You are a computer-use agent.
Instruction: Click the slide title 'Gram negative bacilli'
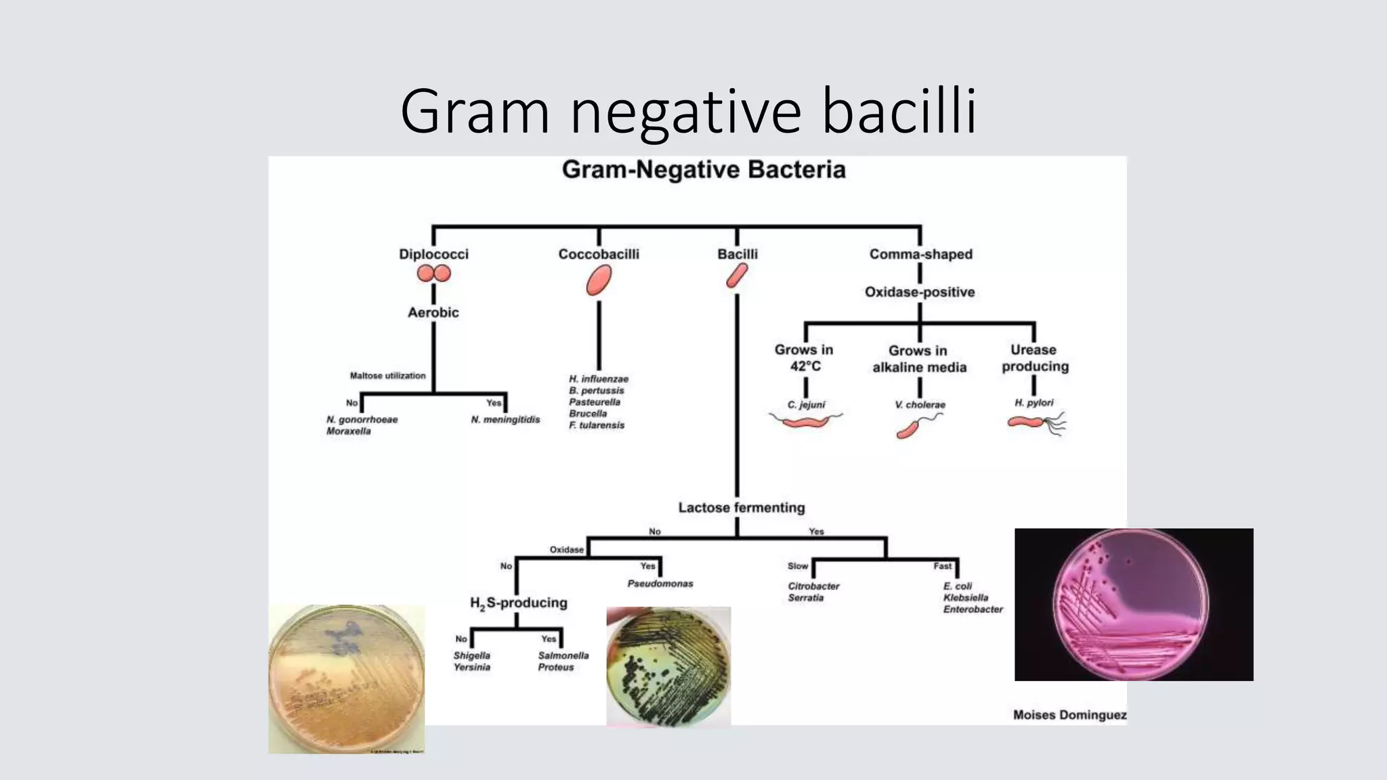[x=688, y=111]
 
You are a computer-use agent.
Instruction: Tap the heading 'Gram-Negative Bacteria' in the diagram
[x=704, y=169]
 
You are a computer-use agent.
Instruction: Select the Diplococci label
[x=433, y=254]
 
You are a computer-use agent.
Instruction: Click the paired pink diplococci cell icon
[x=433, y=274]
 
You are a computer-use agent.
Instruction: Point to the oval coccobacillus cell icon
[x=599, y=280]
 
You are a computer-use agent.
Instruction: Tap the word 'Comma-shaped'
[x=920, y=254]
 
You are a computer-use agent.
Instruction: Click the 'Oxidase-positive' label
[x=920, y=292]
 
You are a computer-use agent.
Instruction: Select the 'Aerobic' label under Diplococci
[x=433, y=312]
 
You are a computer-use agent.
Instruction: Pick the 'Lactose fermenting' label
[x=742, y=507]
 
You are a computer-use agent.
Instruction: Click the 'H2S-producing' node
[x=519, y=603]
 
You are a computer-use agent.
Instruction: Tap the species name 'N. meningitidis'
[x=505, y=420]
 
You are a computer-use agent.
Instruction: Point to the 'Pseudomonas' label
[x=660, y=583]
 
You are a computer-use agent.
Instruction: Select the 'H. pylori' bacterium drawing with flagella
[x=1035, y=423]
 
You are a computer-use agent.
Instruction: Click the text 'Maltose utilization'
[x=387, y=375]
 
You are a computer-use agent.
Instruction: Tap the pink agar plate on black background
[x=1133, y=605]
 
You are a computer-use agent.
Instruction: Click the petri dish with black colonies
[x=668, y=666]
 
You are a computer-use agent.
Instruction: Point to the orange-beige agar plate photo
[x=346, y=679]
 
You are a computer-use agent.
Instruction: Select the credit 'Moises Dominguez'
[x=1069, y=714]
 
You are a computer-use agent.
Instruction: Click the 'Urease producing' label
[x=1035, y=357]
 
